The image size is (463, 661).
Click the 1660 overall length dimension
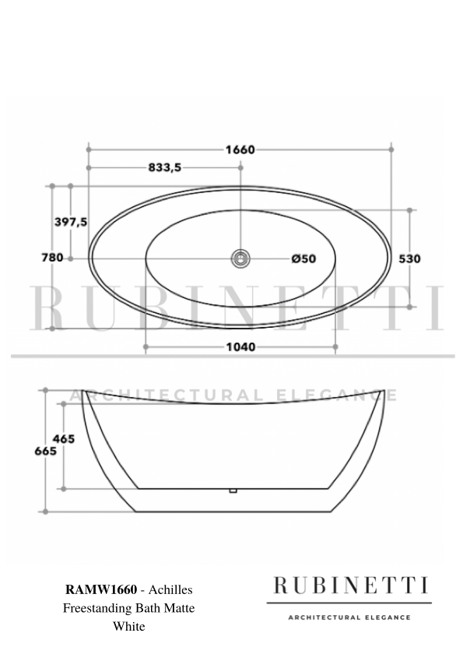(x=240, y=149)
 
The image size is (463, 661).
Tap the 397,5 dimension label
(x=71, y=222)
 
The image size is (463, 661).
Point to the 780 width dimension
(x=52, y=258)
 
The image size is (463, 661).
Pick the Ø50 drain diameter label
(x=303, y=258)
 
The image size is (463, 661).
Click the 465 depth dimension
(x=64, y=439)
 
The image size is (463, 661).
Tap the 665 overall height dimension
(x=45, y=451)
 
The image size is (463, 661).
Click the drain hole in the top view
(x=241, y=258)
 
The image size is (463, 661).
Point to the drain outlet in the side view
(x=232, y=490)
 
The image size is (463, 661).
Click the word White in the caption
(x=129, y=625)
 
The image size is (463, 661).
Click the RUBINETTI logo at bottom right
(x=349, y=585)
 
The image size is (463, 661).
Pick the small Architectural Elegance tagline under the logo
(x=349, y=617)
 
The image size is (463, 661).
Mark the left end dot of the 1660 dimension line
(x=89, y=149)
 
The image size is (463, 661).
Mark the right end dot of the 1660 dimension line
(x=392, y=149)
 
